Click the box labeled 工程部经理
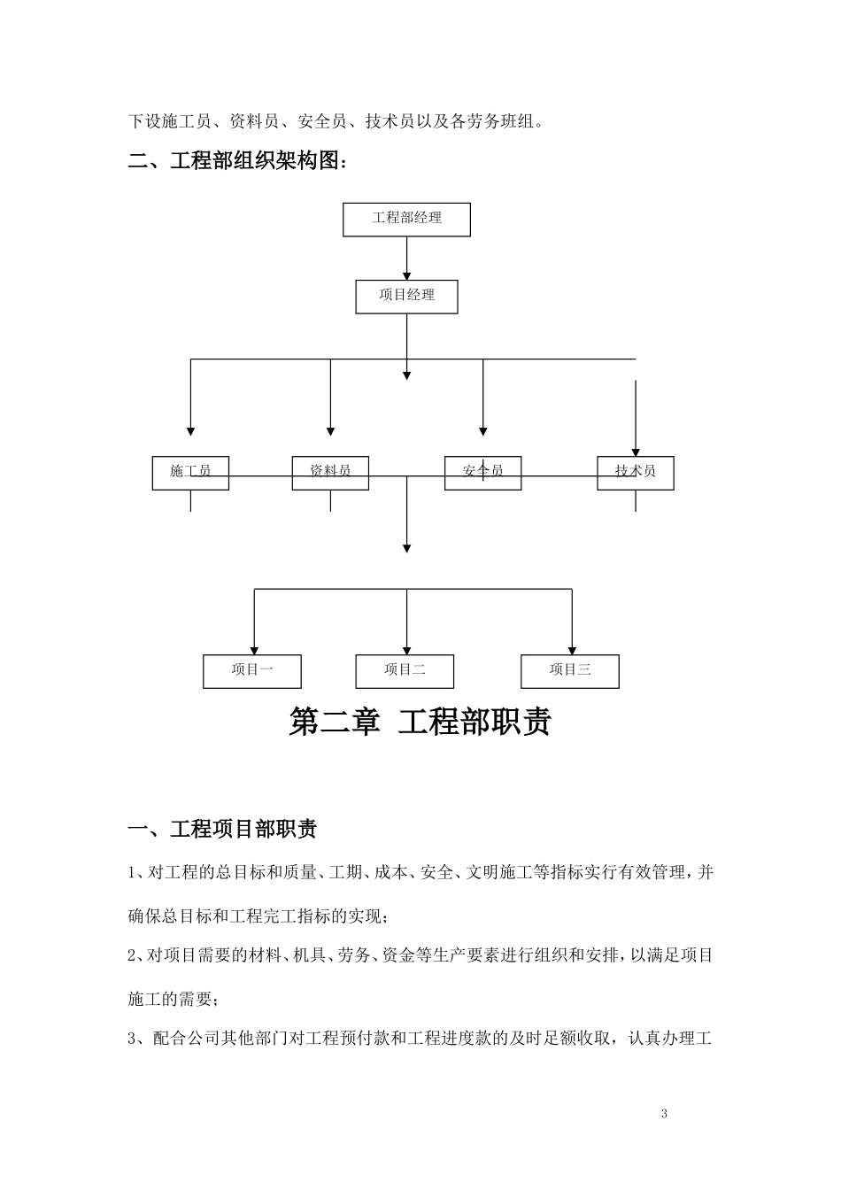click(406, 219)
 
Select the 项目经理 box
click(406, 296)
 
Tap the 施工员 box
click(190, 472)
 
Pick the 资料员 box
click(330, 472)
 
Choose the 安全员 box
click(482, 472)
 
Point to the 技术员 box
click(636, 472)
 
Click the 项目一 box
click(252, 671)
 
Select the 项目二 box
click(405, 671)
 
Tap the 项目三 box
click(569, 671)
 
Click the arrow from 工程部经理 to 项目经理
click(406, 258)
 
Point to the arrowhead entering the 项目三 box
click(572, 650)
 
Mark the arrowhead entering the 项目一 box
click(255, 650)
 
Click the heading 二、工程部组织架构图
click(239, 162)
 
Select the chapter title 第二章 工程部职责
click(420, 722)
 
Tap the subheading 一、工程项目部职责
click(223, 830)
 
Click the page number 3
click(664, 1114)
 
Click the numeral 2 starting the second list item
click(133, 955)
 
